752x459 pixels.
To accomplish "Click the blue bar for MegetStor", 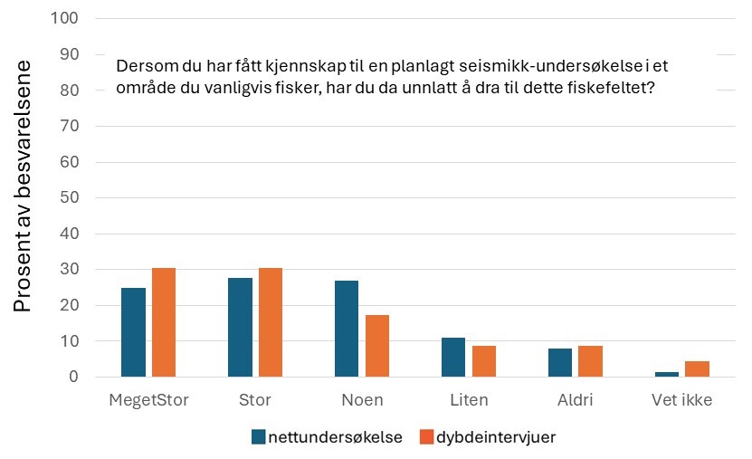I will (x=133, y=332).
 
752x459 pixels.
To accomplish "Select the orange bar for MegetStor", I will (x=164, y=322).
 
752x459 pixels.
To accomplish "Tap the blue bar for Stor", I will (x=240, y=327).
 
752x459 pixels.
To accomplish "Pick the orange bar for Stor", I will (x=271, y=322).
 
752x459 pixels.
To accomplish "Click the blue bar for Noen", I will (x=347, y=329).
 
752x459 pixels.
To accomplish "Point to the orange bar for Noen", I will (x=377, y=346).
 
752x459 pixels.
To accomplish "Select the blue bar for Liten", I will (x=453, y=357).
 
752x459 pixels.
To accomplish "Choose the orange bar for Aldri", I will (x=591, y=361).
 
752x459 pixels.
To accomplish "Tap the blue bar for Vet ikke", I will (x=667, y=374).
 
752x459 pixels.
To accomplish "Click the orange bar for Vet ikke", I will (x=698, y=368).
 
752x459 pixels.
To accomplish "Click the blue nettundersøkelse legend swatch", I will (x=259, y=437).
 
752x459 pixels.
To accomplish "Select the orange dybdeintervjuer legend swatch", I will (x=426, y=437).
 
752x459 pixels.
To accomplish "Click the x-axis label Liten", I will (x=469, y=399).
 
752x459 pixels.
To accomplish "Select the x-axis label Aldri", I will (x=576, y=399).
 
